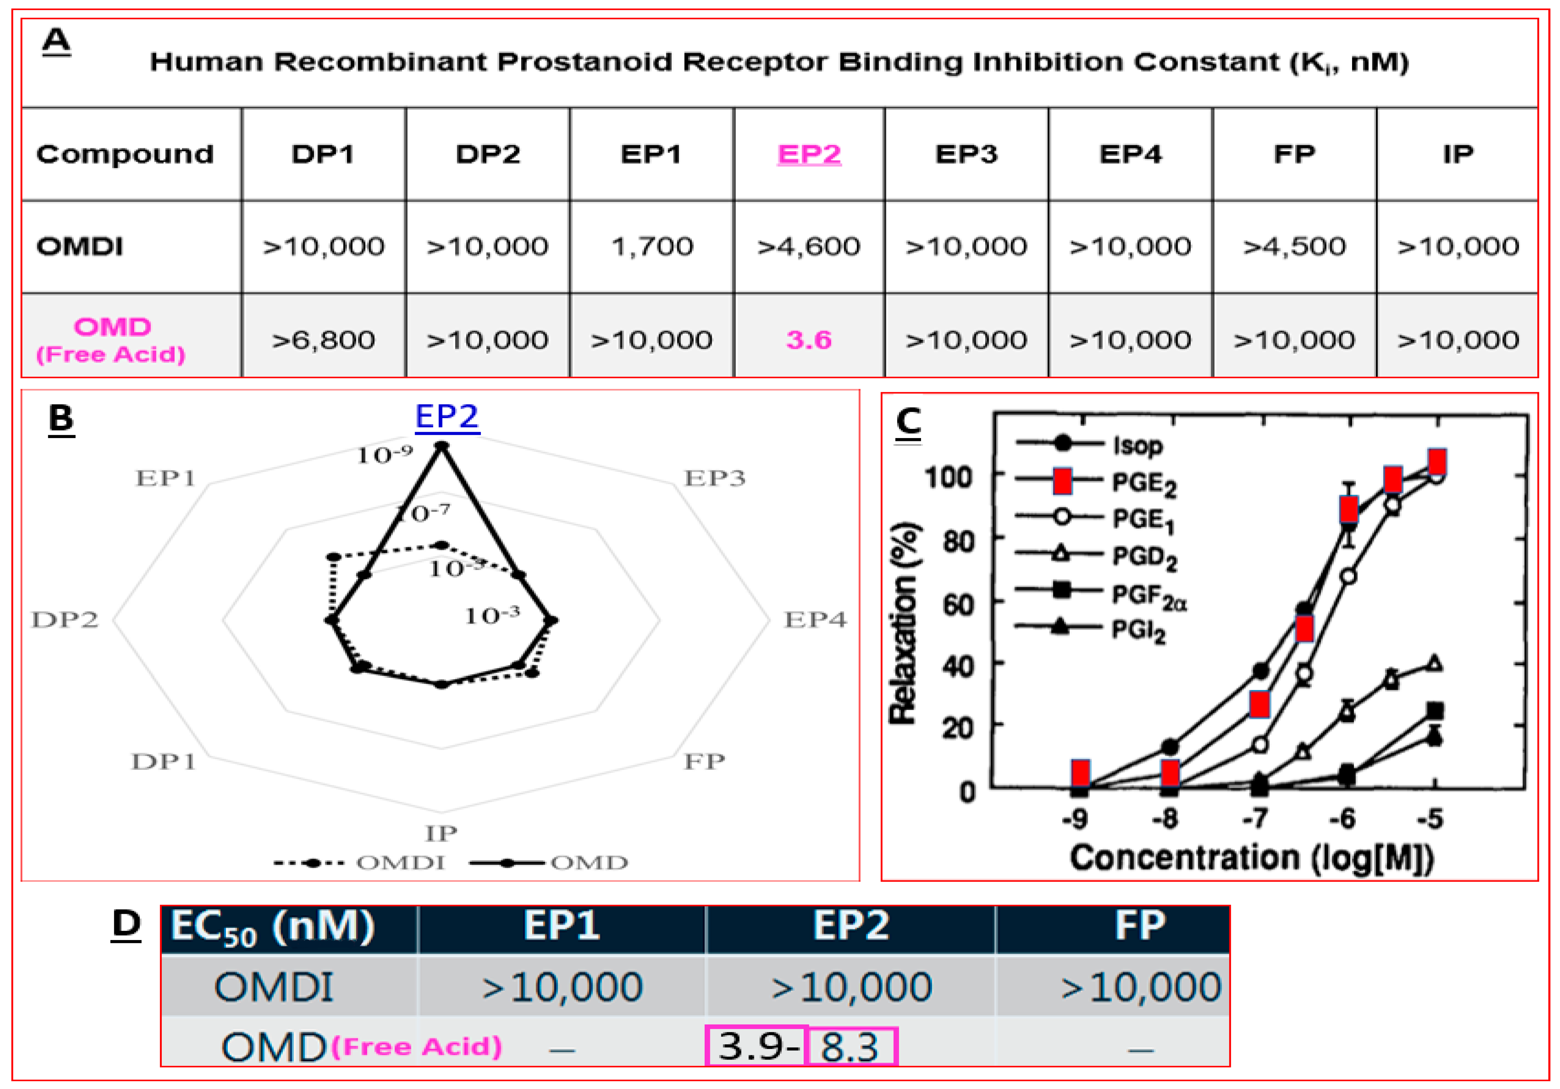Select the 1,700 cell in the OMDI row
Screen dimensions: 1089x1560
pyautogui.click(x=652, y=246)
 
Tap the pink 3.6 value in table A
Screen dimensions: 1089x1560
pyautogui.click(x=809, y=340)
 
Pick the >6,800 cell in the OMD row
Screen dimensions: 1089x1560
pyautogui.click(x=324, y=340)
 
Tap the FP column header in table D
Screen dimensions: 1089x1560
pyautogui.click(x=1140, y=926)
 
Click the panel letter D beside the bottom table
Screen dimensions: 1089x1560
pyautogui.click(x=126, y=925)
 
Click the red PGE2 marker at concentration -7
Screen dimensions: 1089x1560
pyautogui.click(x=1259, y=704)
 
